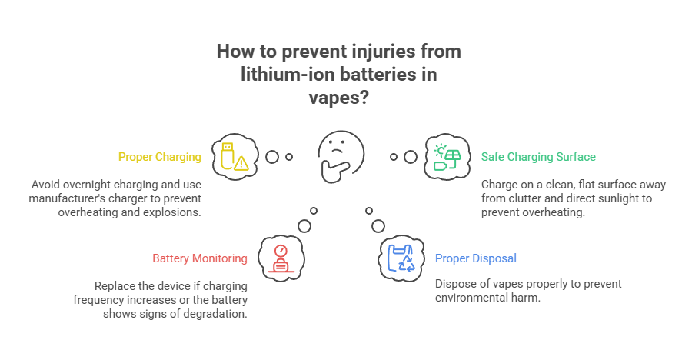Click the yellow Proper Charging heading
(159, 157)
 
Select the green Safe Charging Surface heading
(538, 157)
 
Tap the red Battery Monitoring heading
(200, 258)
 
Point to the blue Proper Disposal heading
(476, 258)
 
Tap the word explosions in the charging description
(171, 212)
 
